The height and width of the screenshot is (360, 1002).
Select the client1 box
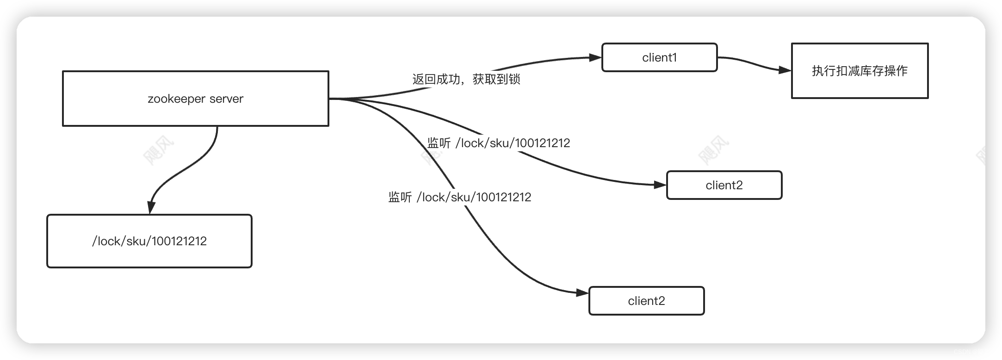(x=659, y=57)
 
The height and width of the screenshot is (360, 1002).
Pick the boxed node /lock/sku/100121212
(x=149, y=241)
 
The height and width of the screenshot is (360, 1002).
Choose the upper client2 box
(x=724, y=185)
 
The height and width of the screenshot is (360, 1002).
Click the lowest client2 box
(x=646, y=301)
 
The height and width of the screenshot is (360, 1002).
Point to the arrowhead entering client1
(x=595, y=58)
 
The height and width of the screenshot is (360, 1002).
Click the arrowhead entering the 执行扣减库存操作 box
(x=785, y=70)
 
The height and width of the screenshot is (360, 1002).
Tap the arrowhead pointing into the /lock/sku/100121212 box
(x=150, y=208)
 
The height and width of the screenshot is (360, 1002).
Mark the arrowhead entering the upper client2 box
(x=660, y=185)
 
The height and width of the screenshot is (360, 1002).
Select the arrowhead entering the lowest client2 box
(x=582, y=293)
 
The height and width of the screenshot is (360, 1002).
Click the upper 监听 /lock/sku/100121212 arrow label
(x=499, y=143)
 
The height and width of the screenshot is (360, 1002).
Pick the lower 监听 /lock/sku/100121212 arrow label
(x=460, y=198)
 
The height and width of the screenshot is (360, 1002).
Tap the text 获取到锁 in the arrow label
(x=496, y=79)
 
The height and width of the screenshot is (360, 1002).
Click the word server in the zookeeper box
(x=226, y=99)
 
